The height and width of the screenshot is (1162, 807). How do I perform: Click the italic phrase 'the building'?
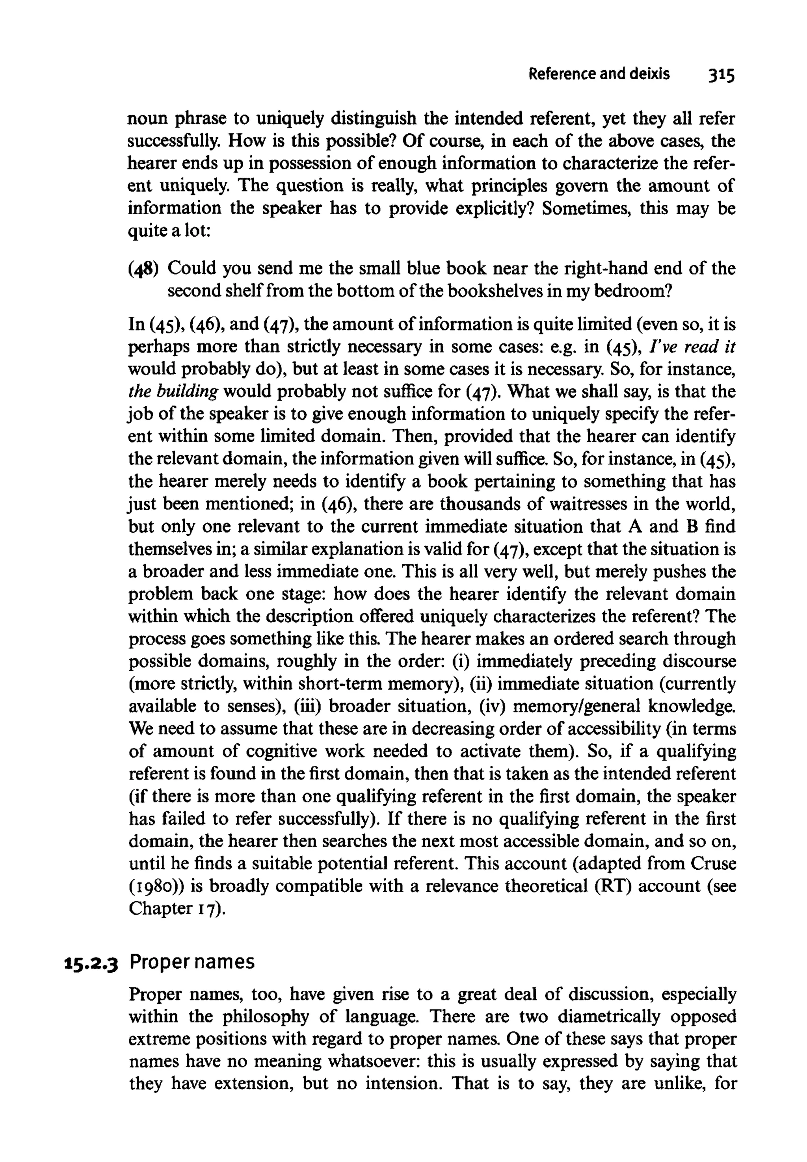tap(173, 391)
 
